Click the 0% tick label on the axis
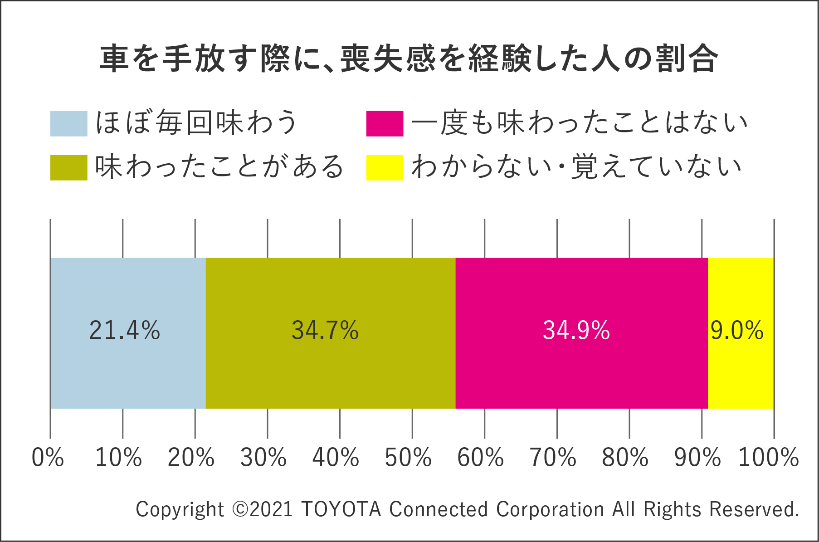pyautogui.click(x=48, y=457)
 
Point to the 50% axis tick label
pyautogui.click(x=408, y=457)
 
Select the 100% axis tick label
pyautogui.click(x=769, y=457)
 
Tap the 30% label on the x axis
pyautogui.click(x=263, y=457)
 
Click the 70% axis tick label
pyautogui.click(x=553, y=457)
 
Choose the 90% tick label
pyautogui.click(x=697, y=457)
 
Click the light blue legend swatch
pyautogui.click(x=68, y=123)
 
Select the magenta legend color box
pyautogui.click(x=385, y=123)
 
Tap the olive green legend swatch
pyautogui.click(x=68, y=167)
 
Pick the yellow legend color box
pyautogui.click(x=385, y=167)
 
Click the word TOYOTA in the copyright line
pyautogui.click(x=341, y=509)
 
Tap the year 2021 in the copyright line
pyautogui.click(x=271, y=509)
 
